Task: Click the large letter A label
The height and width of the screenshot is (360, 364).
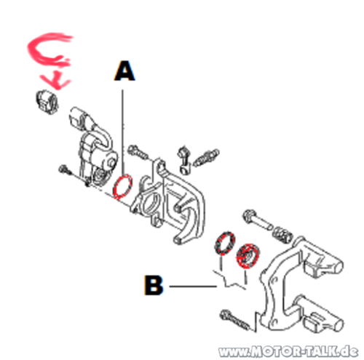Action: pyautogui.click(x=124, y=71)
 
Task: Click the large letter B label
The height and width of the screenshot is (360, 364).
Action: pyautogui.click(x=154, y=285)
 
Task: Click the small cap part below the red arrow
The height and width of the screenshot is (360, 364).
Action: pyautogui.click(x=47, y=102)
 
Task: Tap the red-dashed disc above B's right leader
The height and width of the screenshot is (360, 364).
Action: pyautogui.click(x=248, y=256)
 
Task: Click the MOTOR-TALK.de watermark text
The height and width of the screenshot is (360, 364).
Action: pyautogui.click(x=288, y=351)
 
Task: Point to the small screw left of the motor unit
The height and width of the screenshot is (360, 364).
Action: pyautogui.click(x=65, y=169)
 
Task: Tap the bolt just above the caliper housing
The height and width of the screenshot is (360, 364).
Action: pyautogui.click(x=138, y=152)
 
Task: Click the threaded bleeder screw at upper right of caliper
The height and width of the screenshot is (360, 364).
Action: pyautogui.click(x=206, y=158)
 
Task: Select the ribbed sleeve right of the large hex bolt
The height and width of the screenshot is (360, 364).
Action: pyautogui.click(x=282, y=235)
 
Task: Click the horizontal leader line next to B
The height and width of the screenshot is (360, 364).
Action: pyautogui.click(x=193, y=287)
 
